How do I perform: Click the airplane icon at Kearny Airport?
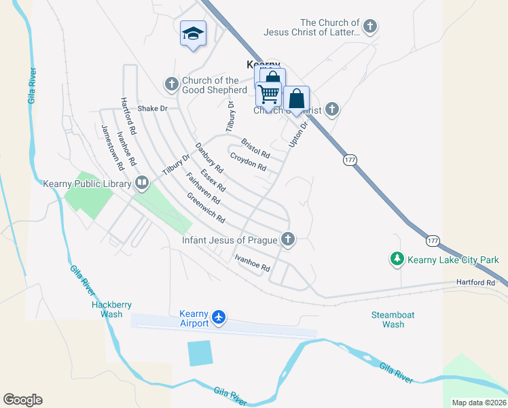[218, 318]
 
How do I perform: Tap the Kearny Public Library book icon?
[142, 182]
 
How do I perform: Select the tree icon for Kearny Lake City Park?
[397, 259]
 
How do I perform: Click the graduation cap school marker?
[193, 33]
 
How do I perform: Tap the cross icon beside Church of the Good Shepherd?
[171, 85]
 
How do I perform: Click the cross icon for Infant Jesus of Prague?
[288, 239]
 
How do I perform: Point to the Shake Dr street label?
[152, 108]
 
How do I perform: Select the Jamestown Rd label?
[111, 146]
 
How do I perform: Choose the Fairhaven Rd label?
[202, 190]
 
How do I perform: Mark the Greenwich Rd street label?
[206, 207]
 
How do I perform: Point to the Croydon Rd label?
[247, 162]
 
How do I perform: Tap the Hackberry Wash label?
[107, 309]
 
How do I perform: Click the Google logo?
[22, 400]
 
